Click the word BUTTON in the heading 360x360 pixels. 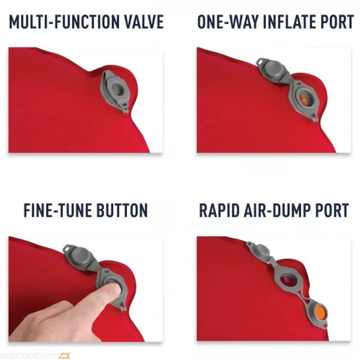tap(122, 210)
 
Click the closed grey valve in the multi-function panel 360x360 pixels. tap(115, 91)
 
